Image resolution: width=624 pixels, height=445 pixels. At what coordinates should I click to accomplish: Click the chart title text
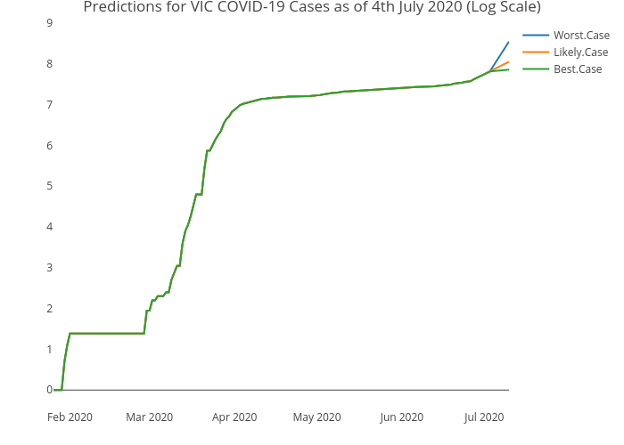click(311, 8)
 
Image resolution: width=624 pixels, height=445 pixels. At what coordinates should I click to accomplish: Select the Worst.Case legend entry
click(581, 36)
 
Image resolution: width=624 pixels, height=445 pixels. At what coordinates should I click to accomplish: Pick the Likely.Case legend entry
click(580, 53)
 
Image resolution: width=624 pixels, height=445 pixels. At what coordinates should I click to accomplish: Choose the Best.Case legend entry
click(577, 69)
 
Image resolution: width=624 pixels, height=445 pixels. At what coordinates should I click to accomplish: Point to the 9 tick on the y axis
click(49, 23)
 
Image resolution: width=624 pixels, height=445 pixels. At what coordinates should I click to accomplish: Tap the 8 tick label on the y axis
click(49, 64)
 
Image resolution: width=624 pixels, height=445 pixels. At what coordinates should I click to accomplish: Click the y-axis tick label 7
click(49, 105)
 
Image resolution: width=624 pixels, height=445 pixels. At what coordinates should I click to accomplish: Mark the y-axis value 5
click(49, 186)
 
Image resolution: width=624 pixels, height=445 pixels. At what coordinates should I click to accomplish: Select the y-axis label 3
click(49, 268)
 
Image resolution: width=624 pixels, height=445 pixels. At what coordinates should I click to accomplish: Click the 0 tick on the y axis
click(49, 390)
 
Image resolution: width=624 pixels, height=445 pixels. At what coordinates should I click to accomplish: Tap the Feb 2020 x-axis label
click(70, 417)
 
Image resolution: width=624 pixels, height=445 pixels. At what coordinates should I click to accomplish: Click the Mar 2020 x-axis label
click(150, 417)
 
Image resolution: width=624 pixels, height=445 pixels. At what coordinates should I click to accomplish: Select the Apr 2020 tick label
click(234, 417)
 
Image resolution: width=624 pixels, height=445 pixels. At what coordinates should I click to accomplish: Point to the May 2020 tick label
click(316, 417)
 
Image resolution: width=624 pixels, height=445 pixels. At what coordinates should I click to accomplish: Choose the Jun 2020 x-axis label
click(401, 417)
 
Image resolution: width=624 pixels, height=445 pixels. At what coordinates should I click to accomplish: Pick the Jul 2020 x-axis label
click(484, 417)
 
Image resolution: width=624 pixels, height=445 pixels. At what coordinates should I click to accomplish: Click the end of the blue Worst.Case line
click(508, 42)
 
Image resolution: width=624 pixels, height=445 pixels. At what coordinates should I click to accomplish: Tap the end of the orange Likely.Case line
click(508, 61)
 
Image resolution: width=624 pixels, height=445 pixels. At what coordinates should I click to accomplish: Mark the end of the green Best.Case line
click(508, 69)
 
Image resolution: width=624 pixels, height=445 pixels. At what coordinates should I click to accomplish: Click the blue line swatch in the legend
click(536, 36)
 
